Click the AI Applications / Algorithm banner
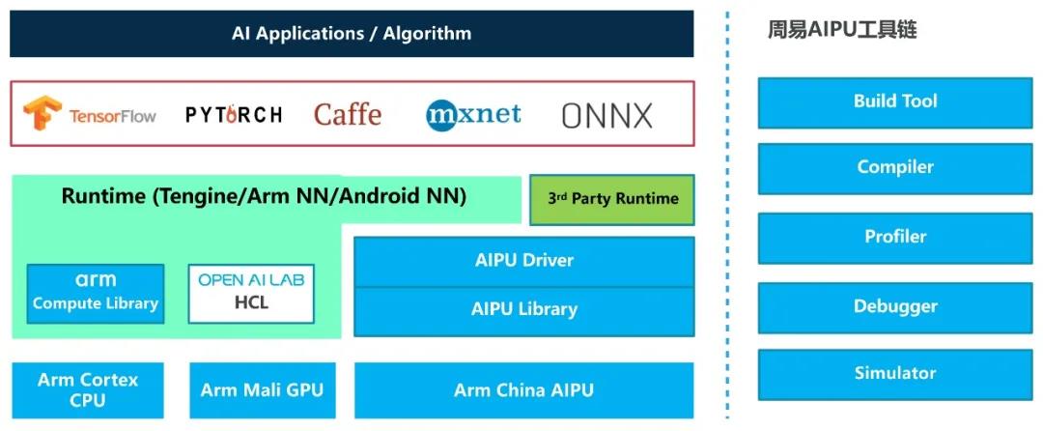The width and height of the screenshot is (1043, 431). coord(352,34)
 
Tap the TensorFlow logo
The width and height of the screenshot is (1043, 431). coord(90,115)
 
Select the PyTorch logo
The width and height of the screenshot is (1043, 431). coord(234,115)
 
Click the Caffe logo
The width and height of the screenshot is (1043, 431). coord(348,115)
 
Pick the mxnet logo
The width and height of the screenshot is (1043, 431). coord(473,115)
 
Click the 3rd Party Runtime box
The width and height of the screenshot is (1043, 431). coord(612,199)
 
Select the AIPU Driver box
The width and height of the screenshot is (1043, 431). coord(523,261)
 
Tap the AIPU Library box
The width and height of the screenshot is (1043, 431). coord(523,310)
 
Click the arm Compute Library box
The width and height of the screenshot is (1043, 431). coord(96,293)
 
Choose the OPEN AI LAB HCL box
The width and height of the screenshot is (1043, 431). coord(250,293)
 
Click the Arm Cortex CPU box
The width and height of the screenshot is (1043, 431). coord(88,389)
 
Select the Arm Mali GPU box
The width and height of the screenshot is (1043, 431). coord(262,390)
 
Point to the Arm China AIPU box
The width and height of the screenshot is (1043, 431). coord(523,390)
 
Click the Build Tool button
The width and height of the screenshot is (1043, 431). coord(895,101)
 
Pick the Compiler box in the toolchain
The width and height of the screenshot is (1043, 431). coord(895,168)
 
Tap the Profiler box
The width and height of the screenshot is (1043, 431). coord(895,238)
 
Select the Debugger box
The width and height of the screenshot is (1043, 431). coord(895,307)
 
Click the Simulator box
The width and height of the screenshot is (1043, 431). coord(895,374)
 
